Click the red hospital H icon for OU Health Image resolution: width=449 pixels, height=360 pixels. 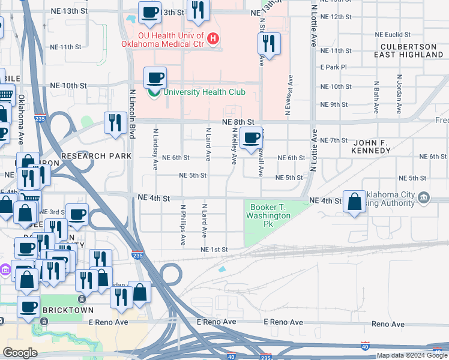(212, 40)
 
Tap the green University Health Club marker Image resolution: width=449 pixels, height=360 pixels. (154, 92)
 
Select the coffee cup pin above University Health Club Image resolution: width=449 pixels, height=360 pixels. (155, 77)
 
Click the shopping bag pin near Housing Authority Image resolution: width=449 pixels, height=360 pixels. (355, 203)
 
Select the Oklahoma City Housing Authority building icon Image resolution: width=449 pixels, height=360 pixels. (424, 197)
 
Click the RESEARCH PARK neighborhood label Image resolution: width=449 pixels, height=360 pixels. (96, 156)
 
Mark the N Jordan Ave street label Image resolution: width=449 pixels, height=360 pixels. (399, 94)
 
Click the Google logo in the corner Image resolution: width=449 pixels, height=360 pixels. (20, 353)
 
